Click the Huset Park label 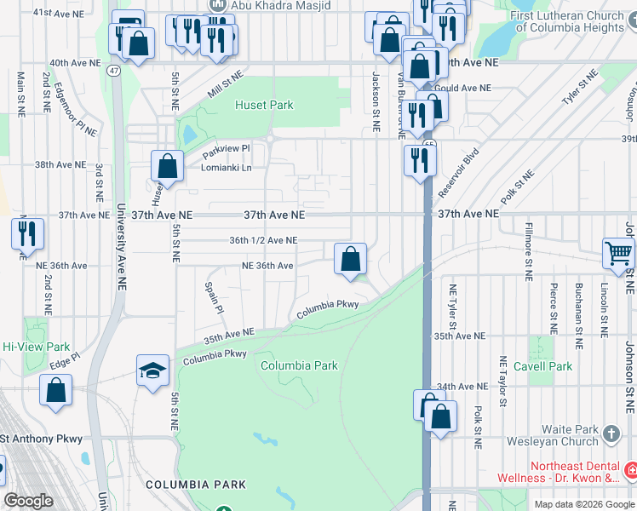click(x=264, y=105)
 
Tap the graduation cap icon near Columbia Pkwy click(x=152, y=370)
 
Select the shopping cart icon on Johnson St click(x=618, y=252)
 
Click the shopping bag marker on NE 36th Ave click(x=350, y=258)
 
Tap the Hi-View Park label click(x=36, y=347)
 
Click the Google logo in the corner click(x=28, y=501)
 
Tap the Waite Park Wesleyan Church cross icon click(x=611, y=435)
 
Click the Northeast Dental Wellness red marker click(x=630, y=470)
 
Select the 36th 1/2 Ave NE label click(x=263, y=240)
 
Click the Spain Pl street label click(x=214, y=297)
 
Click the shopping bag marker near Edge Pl click(x=55, y=390)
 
